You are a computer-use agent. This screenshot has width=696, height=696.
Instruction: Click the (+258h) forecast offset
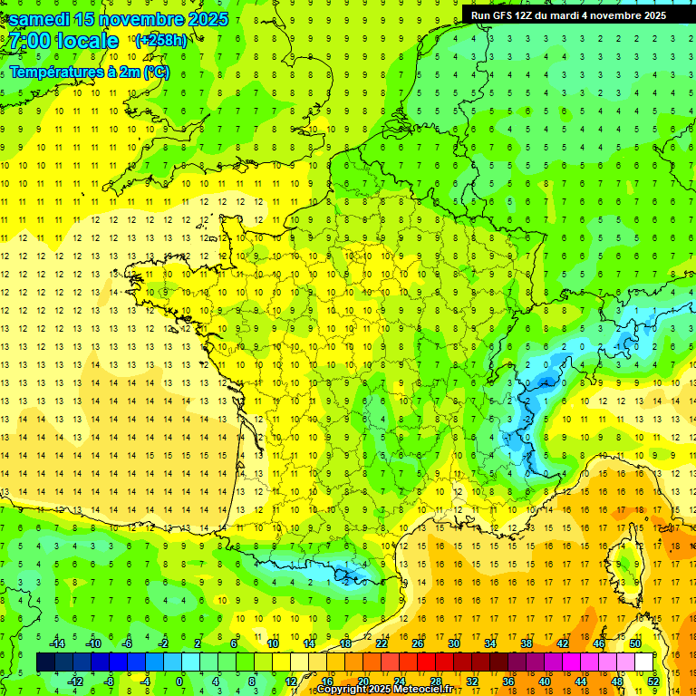160,40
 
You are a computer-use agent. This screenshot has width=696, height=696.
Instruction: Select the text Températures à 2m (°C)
89,72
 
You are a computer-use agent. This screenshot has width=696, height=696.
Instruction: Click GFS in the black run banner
507,15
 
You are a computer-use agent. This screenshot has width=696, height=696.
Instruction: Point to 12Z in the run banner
535,15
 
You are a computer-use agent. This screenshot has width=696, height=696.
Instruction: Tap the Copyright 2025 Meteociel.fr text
384,690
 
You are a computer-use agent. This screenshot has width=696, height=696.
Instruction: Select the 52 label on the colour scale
652,681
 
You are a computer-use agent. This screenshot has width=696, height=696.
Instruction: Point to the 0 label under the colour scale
179,681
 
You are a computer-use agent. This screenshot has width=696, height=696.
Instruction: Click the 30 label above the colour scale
454,643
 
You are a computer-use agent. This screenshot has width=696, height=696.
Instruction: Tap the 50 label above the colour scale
635,643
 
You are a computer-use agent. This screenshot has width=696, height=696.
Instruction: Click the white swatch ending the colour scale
644,662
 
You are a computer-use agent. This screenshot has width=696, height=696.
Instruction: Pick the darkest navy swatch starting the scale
45,662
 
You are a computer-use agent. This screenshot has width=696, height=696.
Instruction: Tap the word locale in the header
87,41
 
